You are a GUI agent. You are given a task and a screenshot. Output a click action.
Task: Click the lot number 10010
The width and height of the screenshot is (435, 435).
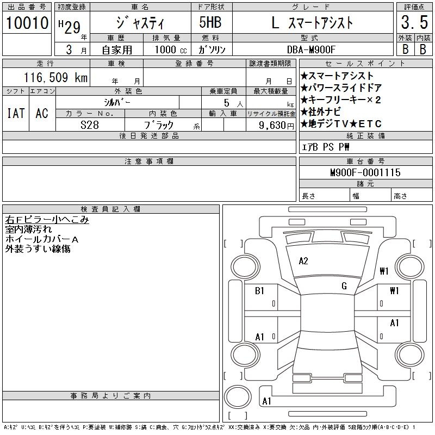click(27, 22)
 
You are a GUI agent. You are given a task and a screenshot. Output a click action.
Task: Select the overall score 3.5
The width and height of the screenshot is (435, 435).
click(414, 22)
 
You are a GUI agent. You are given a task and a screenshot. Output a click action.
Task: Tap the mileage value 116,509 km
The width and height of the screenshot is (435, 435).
click(55, 77)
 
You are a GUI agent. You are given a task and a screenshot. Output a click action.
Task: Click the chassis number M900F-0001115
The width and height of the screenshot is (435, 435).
click(365, 172)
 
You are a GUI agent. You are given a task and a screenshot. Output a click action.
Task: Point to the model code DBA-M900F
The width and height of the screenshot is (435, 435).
click(311, 49)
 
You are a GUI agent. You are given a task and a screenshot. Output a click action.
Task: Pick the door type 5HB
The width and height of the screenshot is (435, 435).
click(210, 22)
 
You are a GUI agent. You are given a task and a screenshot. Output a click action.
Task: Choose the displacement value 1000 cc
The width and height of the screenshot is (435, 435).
click(171, 49)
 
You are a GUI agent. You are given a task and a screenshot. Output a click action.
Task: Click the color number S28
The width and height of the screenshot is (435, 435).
click(90, 125)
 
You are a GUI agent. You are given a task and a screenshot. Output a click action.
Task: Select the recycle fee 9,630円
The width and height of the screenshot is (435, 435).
click(276, 126)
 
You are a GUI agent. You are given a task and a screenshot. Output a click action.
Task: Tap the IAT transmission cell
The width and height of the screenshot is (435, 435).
click(16, 113)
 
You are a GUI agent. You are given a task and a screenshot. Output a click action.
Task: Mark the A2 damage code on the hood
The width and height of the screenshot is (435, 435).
click(303, 261)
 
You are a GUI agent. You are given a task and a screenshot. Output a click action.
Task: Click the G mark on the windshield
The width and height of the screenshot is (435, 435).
click(344, 286)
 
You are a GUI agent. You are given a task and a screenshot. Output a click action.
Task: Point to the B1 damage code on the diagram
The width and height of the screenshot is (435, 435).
click(259, 291)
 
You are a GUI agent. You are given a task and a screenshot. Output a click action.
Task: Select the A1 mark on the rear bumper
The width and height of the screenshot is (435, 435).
click(266, 401)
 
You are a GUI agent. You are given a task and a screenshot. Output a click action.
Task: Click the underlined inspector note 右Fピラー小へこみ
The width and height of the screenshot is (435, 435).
click(47, 220)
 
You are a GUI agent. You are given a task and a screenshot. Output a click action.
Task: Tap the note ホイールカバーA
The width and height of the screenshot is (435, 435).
click(42, 239)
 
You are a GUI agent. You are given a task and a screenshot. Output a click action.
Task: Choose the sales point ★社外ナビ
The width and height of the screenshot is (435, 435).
click(321, 112)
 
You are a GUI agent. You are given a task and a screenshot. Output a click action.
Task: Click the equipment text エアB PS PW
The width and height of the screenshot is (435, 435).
click(325, 147)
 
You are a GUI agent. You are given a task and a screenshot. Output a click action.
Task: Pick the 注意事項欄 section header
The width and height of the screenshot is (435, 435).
click(149, 161)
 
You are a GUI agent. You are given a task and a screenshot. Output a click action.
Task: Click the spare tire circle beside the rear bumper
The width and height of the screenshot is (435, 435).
click(238, 397)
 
